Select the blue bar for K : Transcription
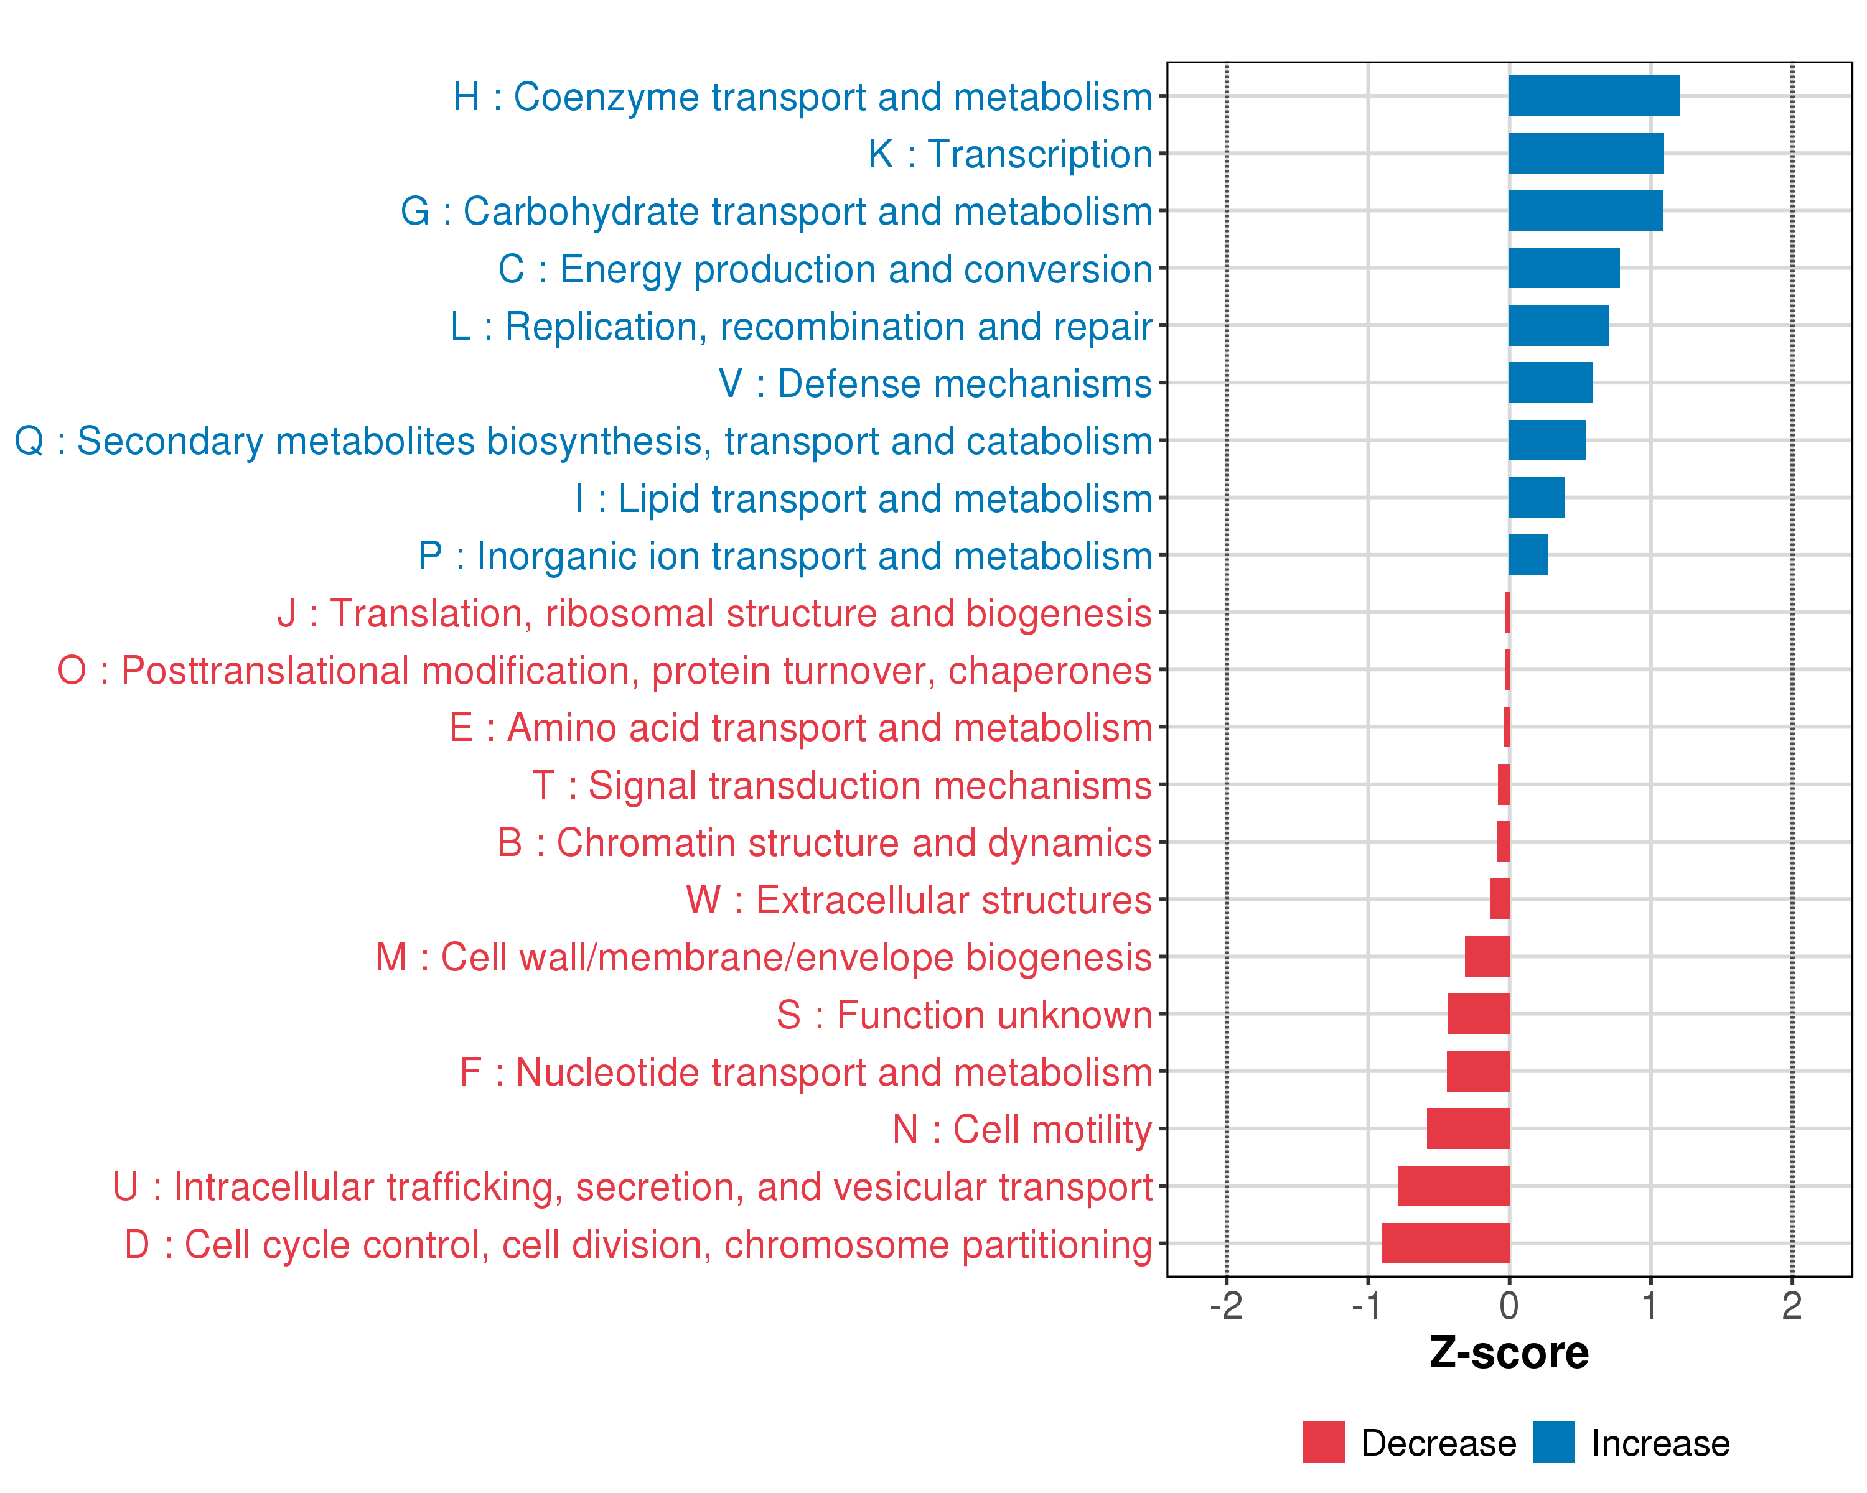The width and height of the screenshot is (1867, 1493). pos(1586,153)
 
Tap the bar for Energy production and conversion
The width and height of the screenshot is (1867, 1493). pos(1564,268)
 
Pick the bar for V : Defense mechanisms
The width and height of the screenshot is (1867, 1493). pos(1550,383)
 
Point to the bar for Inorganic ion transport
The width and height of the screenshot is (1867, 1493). pos(1528,555)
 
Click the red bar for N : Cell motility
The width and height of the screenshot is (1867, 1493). pos(1468,1128)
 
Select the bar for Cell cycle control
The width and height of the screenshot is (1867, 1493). pos(1445,1244)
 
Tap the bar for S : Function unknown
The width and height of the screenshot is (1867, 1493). pos(1478,1013)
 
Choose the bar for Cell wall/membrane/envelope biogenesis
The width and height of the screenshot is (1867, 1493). pos(1487,956)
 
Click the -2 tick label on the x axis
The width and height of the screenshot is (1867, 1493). pos(1226,1305)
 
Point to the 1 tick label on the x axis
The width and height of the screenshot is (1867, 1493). pos(1650,1305)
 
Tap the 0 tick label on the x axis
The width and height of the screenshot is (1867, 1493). pos(1509,1305)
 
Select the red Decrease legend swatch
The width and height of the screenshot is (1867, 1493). pos(1323,1443)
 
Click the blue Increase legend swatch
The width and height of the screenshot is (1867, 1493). pos(1553,1443)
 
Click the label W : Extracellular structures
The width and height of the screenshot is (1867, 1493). pos(919,900)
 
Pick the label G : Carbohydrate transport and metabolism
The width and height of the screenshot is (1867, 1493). pos(776,211)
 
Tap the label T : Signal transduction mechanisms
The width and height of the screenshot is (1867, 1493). pos(842,786)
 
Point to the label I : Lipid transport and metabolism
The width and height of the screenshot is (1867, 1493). pos(863,498)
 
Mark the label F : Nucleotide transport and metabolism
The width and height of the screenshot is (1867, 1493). pos(805,1072)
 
